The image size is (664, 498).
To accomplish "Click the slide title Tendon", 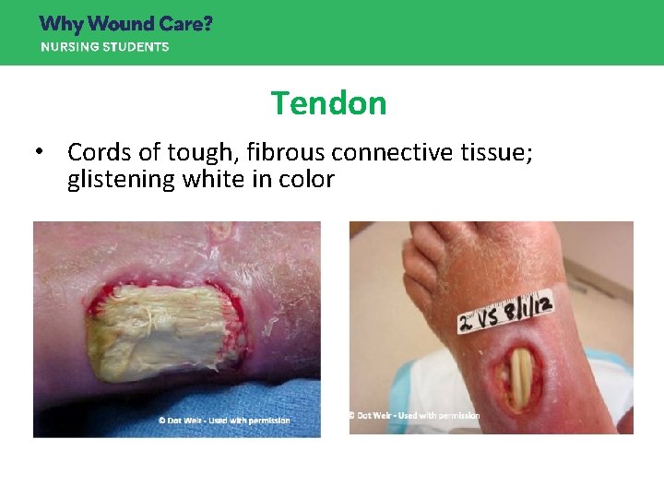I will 328,103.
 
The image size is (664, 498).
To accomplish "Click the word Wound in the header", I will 125,24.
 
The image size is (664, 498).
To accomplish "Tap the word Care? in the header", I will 189,24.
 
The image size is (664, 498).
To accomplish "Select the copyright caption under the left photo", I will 223,421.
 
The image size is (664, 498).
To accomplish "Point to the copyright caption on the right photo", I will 415,416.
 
